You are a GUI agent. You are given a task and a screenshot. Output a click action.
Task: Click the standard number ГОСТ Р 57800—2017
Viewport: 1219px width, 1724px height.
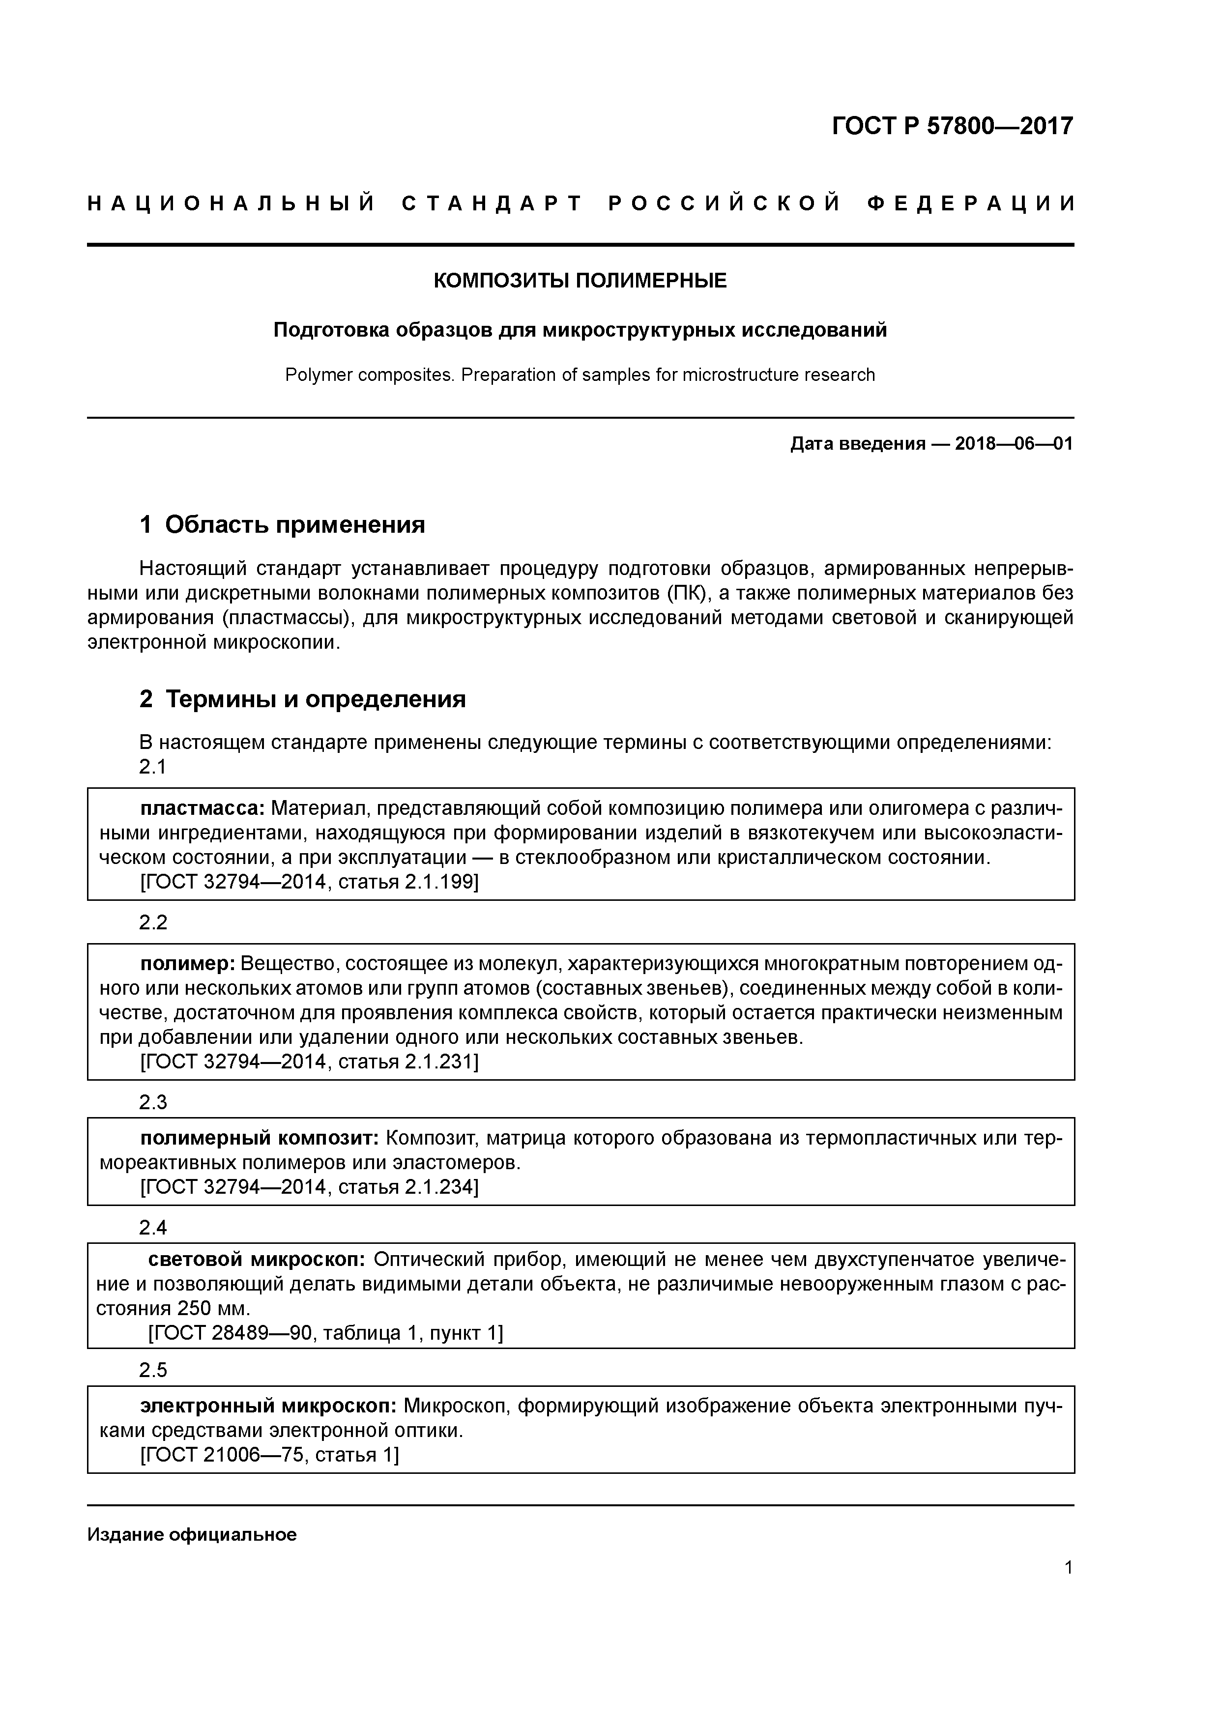[x=953, y=125]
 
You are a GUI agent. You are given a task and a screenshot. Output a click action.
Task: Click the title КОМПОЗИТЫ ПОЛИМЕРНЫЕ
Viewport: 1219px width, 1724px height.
[x=580, y=281]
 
